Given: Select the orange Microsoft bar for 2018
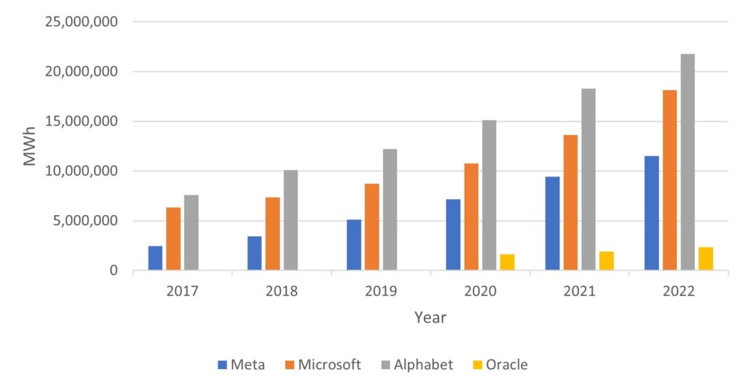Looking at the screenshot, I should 272,234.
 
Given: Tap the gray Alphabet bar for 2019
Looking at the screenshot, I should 390,210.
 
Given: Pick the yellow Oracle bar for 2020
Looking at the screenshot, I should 507,262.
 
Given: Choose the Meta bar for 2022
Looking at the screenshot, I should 652,214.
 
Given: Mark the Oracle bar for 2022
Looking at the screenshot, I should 705,259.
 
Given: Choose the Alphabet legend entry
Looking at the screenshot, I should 420,365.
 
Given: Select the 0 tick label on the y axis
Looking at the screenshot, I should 112,271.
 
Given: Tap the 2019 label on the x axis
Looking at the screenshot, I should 381,291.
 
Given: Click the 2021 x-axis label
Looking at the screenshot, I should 579,291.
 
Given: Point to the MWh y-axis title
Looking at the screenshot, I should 30,146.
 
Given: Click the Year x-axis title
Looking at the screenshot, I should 430,317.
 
